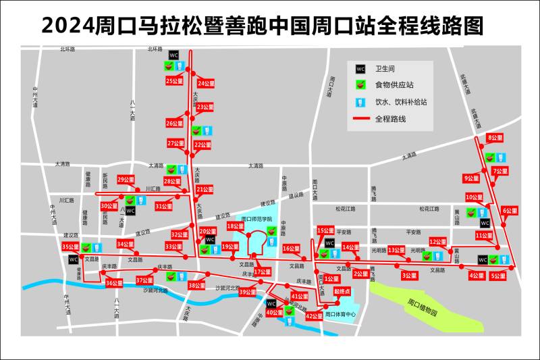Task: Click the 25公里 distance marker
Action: click(x=174, y=81)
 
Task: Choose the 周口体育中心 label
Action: click(x=341, y=314)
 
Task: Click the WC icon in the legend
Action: click(x=360, y=68)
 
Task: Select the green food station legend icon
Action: click(x=360, y=85)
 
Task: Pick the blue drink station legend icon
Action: click(x=360, y=102)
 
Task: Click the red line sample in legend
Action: click(x=360, y=119)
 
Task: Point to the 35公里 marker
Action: click(x=71, y=247)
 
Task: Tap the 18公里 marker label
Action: click(x=236, y=226)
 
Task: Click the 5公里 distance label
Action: click(x=498, y=276)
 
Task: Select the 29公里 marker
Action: click(x=126, y=180)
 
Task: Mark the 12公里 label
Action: click(x=438, y=242)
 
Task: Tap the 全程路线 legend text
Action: click(x=395, y=119)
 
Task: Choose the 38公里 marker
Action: click(x=197, y=286)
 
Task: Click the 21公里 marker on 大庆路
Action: click(x=205, y=190)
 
